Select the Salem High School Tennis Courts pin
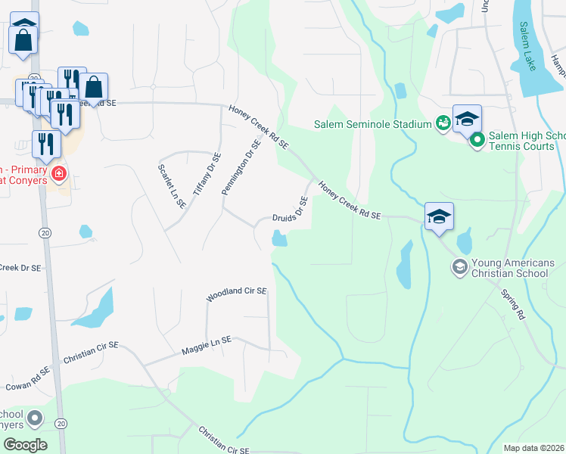477,140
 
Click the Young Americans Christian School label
513,268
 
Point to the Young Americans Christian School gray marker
459,266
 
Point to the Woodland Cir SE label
237,291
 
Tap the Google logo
25,445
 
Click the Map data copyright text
533,448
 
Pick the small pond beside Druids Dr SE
279,240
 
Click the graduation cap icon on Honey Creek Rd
439,217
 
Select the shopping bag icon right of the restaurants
94,86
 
